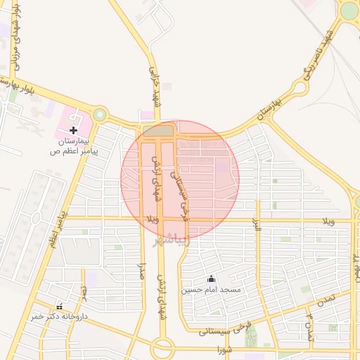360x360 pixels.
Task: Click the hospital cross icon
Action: [73, 130]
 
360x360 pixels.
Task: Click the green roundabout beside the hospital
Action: [99, 115]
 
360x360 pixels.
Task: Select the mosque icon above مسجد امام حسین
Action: [211, 279]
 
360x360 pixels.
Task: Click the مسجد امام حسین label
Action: [211, 289]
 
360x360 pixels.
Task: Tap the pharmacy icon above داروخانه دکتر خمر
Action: [58, 307]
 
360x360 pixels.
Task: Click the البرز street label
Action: [256, 228]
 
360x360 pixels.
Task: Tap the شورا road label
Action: [224, 350]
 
